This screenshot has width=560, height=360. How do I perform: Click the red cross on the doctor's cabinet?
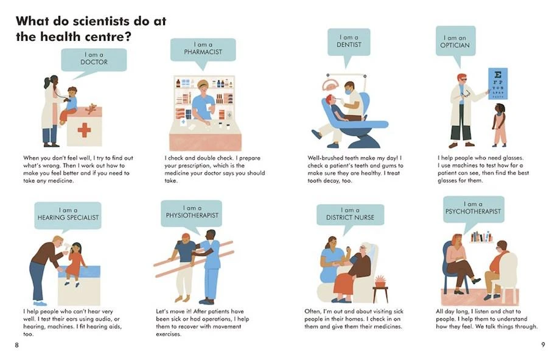[x=84, y=130]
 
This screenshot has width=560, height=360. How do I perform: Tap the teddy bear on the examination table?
[x=91, y=108]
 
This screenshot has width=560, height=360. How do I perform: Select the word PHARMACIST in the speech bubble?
[x=203, y=52]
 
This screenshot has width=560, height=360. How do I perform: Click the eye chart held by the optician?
[x=497, y=83]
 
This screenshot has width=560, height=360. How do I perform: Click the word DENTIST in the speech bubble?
[x=349, y=44]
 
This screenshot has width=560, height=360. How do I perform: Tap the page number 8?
[x=17, y=345]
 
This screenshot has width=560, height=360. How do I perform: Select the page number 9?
[x=543, y=345]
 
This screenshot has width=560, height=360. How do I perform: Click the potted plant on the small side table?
[x=380, y=281]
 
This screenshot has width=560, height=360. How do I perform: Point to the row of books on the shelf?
[x=481, y=237]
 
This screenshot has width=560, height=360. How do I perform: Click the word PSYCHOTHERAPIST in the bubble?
[x=473, y=211]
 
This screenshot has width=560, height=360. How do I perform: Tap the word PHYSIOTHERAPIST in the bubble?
[x=192, y=216]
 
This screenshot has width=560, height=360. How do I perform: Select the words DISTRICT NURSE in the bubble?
[x=350, y=217]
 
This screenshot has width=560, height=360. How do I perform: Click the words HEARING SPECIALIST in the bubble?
[x=68, y=217]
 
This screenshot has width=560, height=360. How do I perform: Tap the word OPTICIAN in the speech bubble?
[x=455, y=46]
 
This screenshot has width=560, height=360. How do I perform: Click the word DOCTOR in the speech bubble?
[x=94, y=62]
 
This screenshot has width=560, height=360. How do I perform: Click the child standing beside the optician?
[x=499, y=125]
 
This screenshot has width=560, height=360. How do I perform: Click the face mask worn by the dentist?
[x=348, y=91]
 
